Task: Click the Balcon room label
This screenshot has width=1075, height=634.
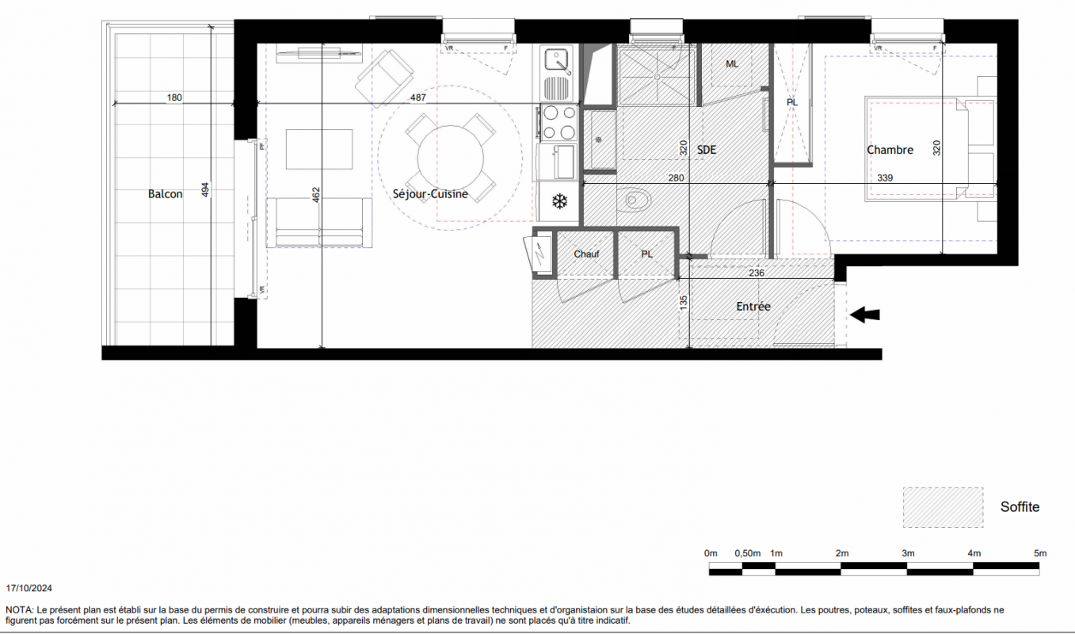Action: pyautogui.click(x=165, y=194)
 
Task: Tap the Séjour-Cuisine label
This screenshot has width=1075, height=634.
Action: pyautogui.click(x=430, y=194)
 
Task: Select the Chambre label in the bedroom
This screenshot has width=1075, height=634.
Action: pyautogui.click(x=890, y=150)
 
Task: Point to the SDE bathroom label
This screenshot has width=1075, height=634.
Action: pyautogui.click(x=707, y=150)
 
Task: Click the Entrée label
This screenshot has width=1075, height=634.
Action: pyautogui.click(x=753, y=306)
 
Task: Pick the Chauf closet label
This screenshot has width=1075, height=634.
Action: pyautogui.click(x=586, y=254)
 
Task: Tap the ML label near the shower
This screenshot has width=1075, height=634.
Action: pyautogui.click(x=732, y=64)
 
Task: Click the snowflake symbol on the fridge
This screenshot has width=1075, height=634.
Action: pyautogui.click(x=559, y=201)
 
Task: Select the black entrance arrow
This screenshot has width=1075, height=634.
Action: pyautogui.click(x=865, y=315)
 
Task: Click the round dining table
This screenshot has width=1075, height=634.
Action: pyautogui.click(x=451, y=158)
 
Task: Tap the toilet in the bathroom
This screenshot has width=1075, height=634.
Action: pyautogui.click(x=634, y=199)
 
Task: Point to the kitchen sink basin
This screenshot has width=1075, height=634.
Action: pyautogui.click(x=556, y=60)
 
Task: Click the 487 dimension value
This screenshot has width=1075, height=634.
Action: pyautogui.click(x=418, y=97)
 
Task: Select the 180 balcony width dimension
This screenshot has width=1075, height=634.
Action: pyautogui.click(x=174, y=97)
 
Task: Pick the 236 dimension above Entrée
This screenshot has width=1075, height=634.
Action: pyautogui.click(x=757, y=273)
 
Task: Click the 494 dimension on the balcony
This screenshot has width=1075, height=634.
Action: pyautogui.click(x=205, y=190)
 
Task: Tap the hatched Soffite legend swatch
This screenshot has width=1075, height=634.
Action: pyautogui.click(x=943, y=507)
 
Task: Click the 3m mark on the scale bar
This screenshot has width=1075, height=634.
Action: pyautogui.click(x=908, y=553)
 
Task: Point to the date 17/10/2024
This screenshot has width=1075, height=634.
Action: pyautogui.click(x=29, y=588)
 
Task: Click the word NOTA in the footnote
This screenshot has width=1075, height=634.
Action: pyautogui.click(x=19, y=610)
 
